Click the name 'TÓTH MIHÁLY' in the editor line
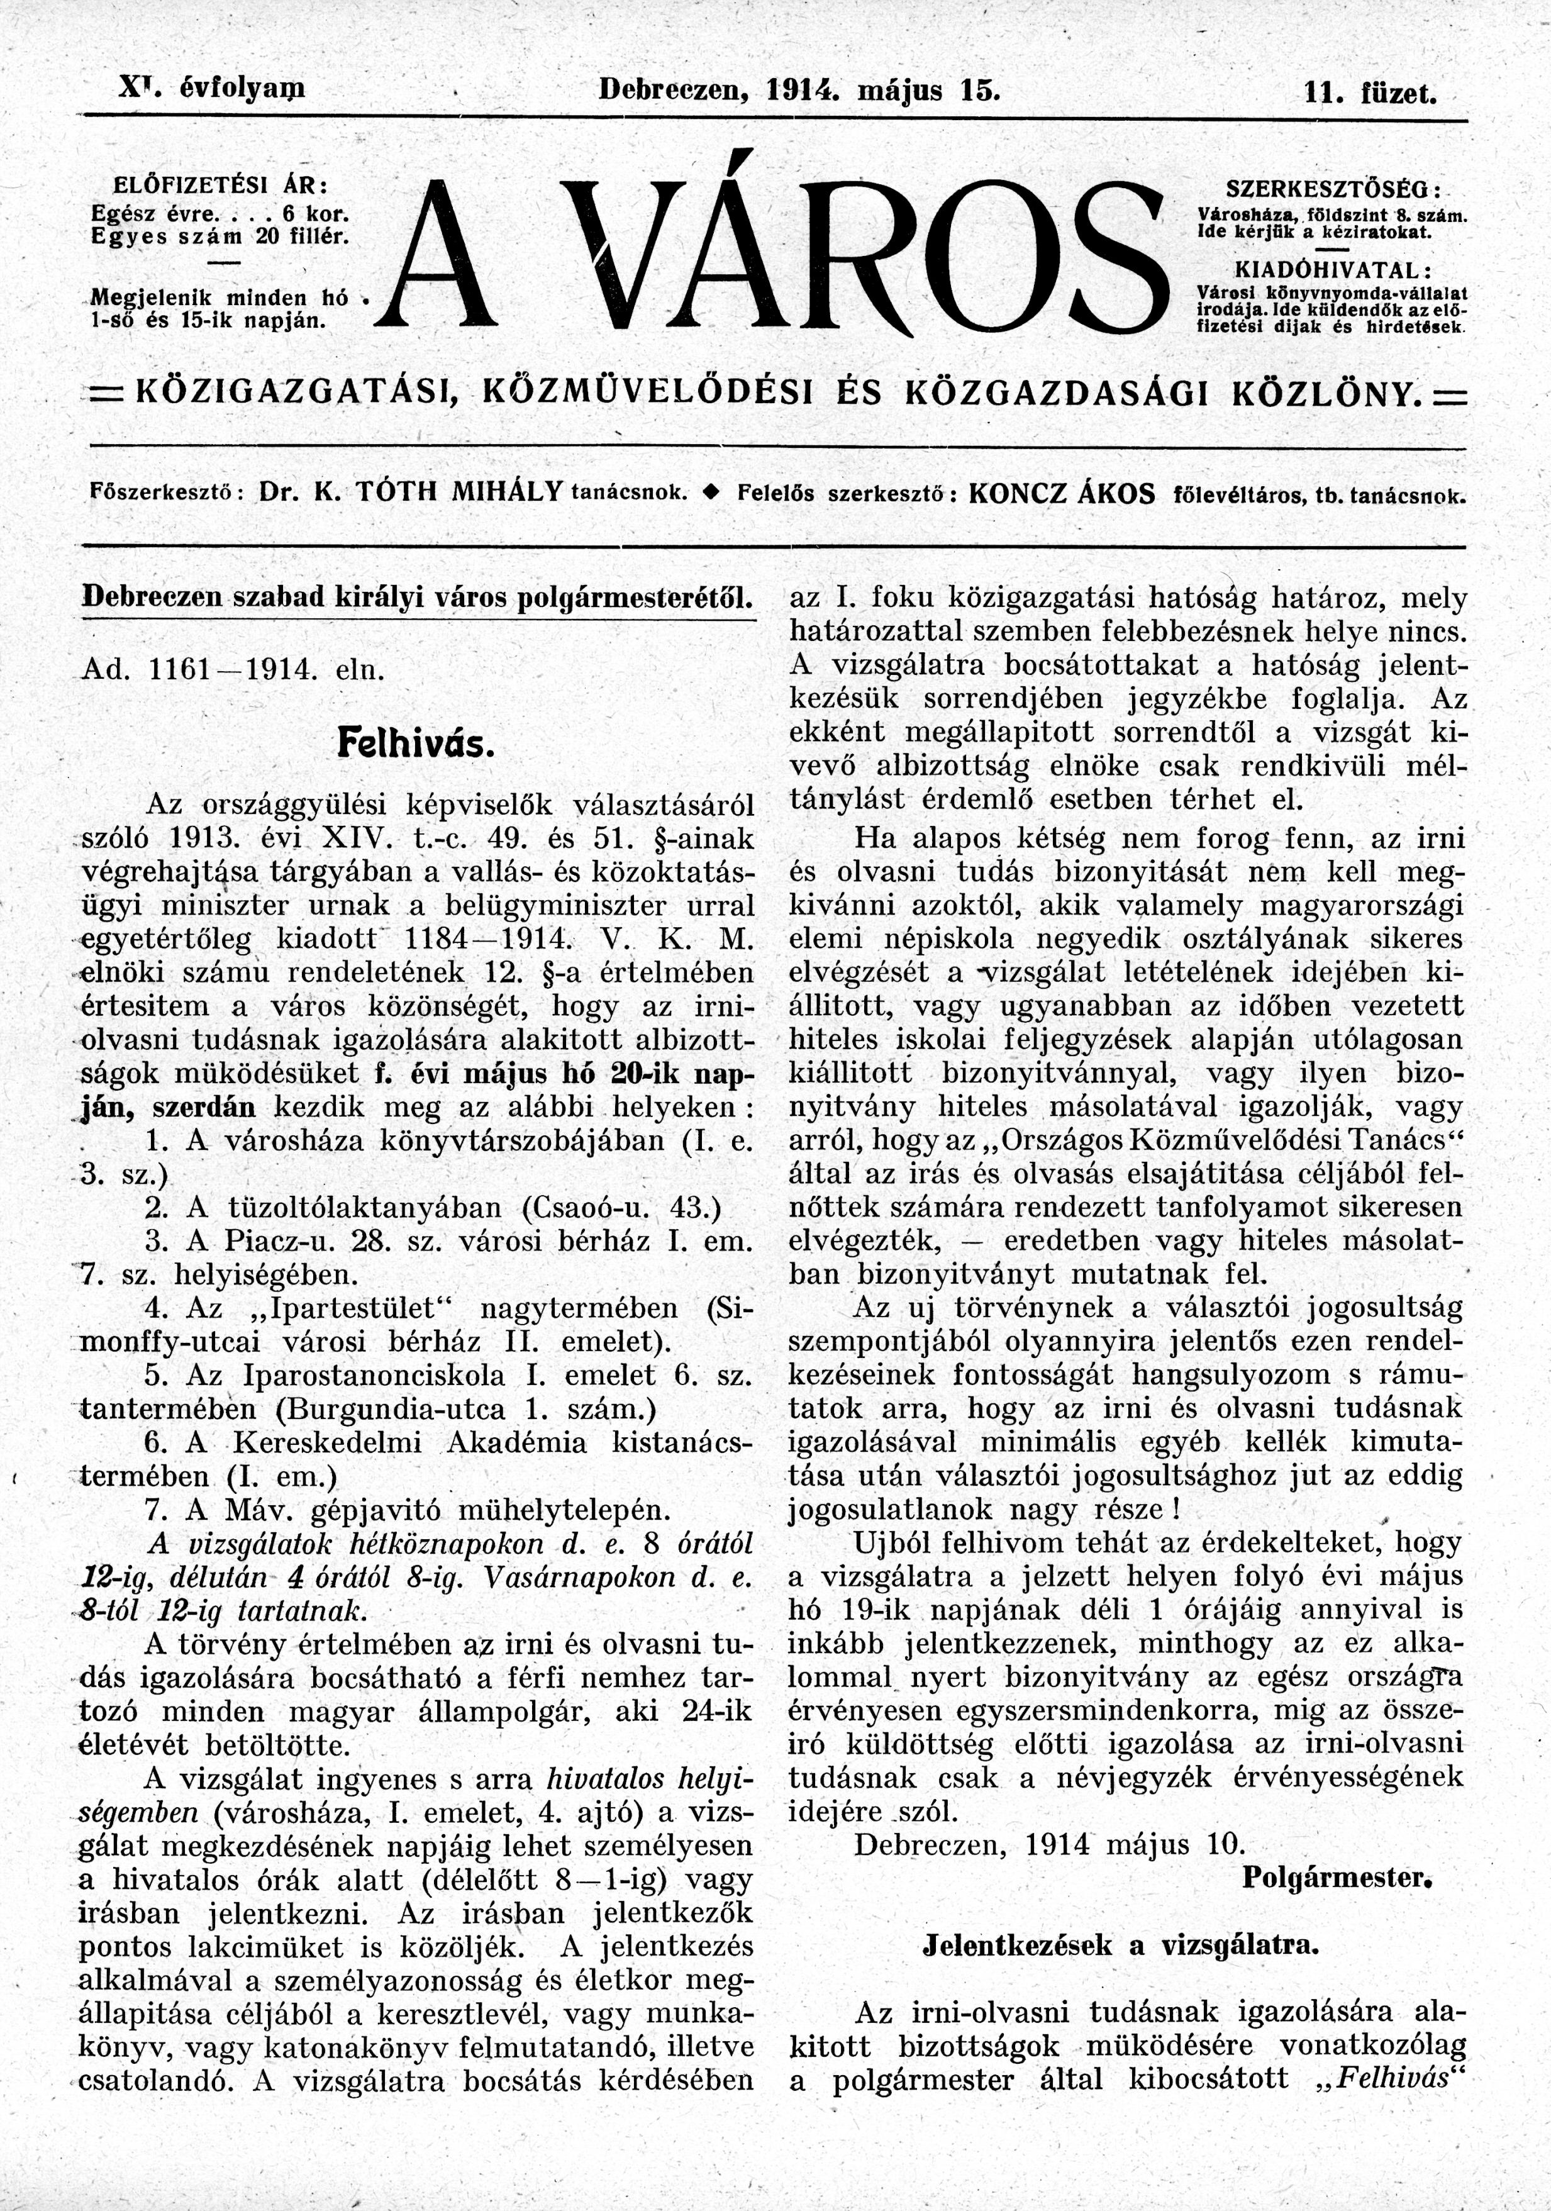click(x=459, y=494)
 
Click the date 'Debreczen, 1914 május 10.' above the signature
click(x=1049, y=1170)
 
